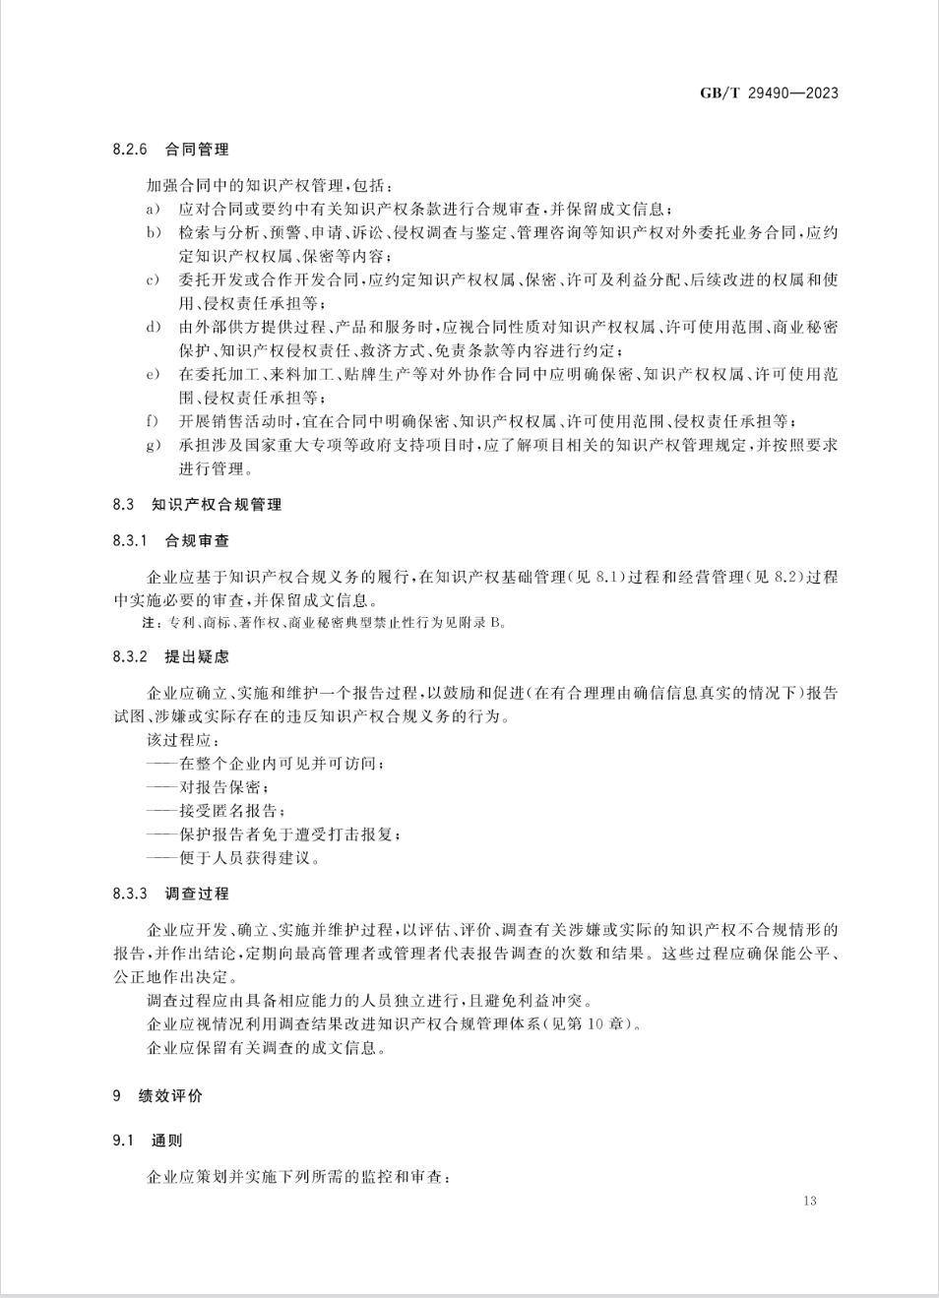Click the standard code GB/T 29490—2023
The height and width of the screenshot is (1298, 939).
(x=769, y=93)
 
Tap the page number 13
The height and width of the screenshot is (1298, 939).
(x=809, y=1201)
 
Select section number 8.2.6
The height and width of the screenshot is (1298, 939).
(x=129, y=150)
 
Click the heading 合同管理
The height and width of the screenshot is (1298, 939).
(x=197, y=150)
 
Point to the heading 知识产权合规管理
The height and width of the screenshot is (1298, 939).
(x=217, y=505)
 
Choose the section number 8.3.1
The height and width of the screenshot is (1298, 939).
(x=129, y=541)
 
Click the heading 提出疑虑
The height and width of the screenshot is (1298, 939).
(x=197, y=656)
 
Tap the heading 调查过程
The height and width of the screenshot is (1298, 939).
(x=197, y=894)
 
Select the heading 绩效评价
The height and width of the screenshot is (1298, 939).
(x=170, y=1096)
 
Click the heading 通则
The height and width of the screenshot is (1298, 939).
(x=166, y=1141)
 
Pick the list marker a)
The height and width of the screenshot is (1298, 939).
(x=153, y=210)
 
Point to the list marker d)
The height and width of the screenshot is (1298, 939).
(x=153, y=328)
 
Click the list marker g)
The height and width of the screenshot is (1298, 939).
(x=153, y=446)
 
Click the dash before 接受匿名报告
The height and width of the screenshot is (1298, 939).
(x=161, y=811)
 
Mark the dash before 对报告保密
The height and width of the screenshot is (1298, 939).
(x=161, y=787)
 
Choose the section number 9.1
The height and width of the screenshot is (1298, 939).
(x=122, y=1141)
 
